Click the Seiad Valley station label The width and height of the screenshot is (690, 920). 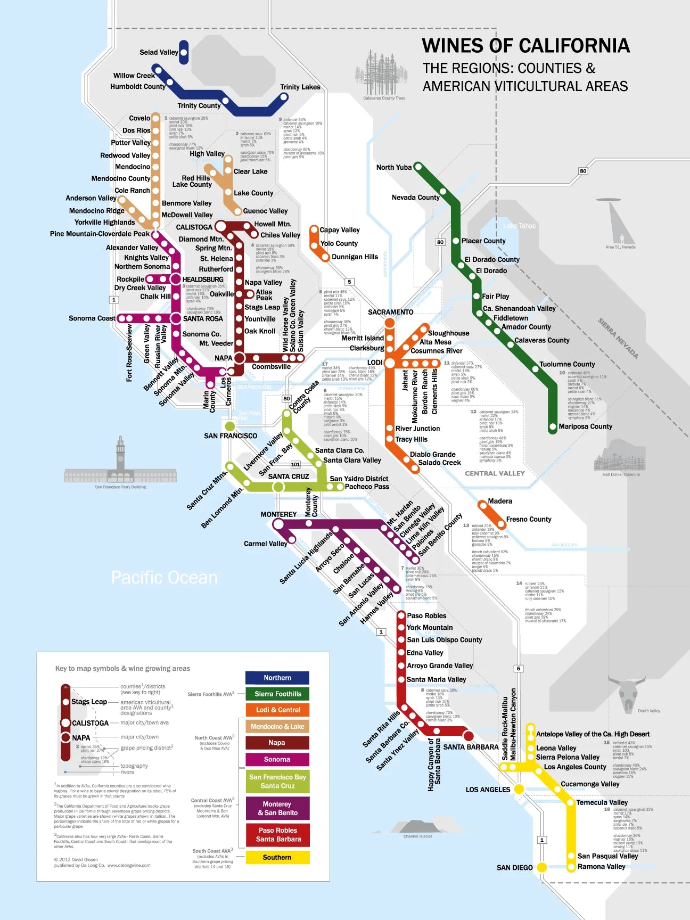[x=159, y=52]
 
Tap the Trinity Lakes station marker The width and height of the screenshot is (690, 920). [x=284, y=97]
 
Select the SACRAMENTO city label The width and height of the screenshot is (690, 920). [x=390, y=312]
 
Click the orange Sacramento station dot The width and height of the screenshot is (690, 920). [x=390, y=323]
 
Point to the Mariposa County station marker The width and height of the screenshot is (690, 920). [x=553, y=426]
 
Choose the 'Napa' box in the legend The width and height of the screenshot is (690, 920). [x=277, y=743]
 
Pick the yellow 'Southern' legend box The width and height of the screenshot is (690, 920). [x=277, y=857]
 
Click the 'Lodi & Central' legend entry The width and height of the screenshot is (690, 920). [x=277, y=710]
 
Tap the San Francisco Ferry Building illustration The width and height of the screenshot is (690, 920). [x=120, y=463]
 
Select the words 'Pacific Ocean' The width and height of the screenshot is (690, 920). [x=164, y=578]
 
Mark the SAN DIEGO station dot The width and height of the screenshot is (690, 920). [x=542, y=867]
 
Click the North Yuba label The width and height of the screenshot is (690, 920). [x=393, y=167]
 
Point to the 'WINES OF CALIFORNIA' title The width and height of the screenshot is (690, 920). [x=525, y=46]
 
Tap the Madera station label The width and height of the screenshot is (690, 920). [x=500, y=501]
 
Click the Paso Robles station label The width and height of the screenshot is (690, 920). [x=426, y=615]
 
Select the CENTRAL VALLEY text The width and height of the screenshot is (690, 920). [x=495, y=473]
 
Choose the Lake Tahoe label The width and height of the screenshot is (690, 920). [x=520, y=226]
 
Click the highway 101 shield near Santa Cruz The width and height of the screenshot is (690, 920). [x=295, y=464]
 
